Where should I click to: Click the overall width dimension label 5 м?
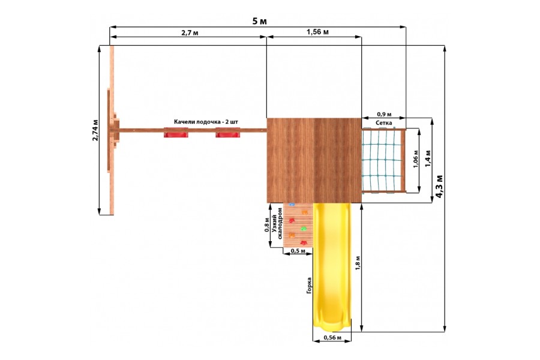coord(259,21)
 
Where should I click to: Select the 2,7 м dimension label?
coord(190,33)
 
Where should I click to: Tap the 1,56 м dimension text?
coord(317,32)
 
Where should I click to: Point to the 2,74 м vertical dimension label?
coord(95,130)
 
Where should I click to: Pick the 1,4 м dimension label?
coord(428,158)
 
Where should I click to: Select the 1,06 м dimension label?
coord(416,159)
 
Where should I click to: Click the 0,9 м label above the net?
coord(384,114)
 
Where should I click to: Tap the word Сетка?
coord(383,122)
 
